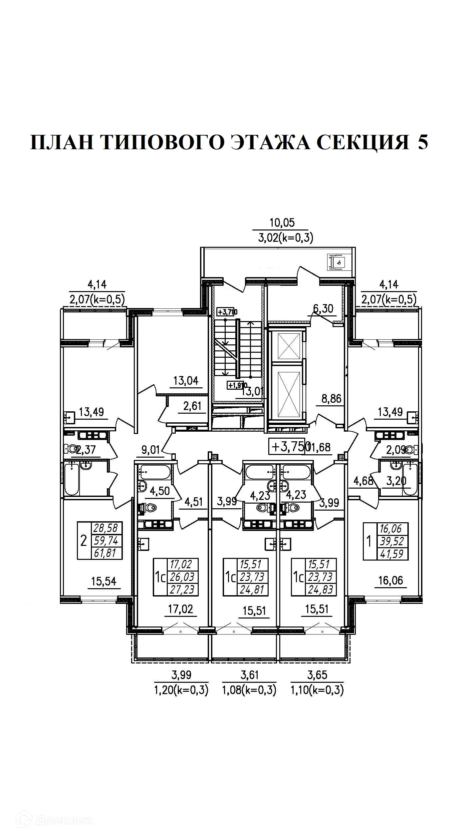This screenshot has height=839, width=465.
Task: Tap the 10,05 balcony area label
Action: [x=282, y=222]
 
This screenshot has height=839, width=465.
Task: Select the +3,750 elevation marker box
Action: [x=288, y=447]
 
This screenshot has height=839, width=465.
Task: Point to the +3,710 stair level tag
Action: [x=227, y=312]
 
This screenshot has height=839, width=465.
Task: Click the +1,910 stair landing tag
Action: [x=237, y=385]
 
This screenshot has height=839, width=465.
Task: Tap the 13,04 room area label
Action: [x=186, y=380]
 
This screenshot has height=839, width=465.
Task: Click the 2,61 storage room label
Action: [x=192, y=406]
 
